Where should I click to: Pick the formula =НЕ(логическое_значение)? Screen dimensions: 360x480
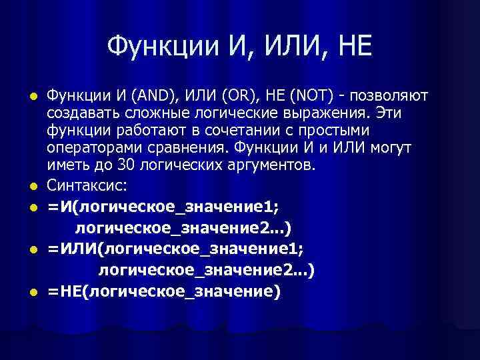pyautogui.click(x=164, y=292)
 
